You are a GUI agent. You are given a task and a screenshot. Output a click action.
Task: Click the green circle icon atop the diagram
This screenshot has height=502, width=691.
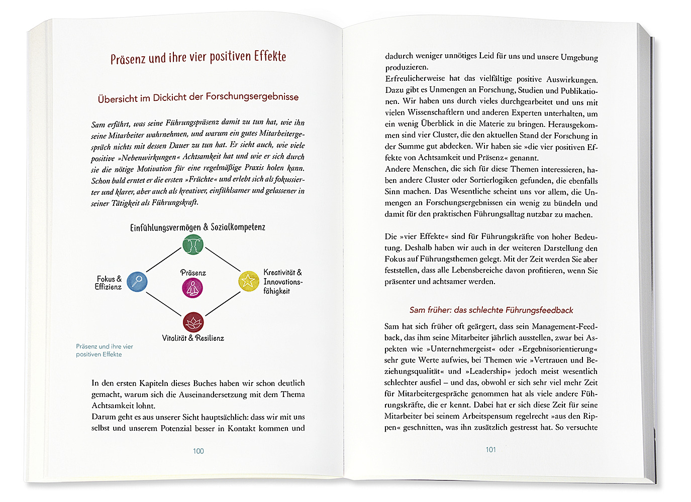click(x=192, y=244)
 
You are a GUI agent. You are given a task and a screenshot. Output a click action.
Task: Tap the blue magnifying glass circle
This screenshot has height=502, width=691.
click(x=137, y=282)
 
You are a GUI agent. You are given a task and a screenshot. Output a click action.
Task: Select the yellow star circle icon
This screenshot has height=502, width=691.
click(x=248, y=281)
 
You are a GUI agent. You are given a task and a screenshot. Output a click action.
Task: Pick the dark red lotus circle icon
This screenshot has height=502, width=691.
click(x=193, y=322)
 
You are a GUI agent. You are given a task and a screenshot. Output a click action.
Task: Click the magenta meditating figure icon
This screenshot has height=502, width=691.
click(x=192, y=288)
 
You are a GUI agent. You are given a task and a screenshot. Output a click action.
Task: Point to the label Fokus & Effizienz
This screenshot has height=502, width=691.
click(x=109, y=283)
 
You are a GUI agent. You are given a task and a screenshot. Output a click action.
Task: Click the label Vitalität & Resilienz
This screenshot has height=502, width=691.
click(x=193, y=338)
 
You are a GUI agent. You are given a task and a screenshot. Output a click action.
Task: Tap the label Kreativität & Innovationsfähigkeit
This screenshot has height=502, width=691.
click(x=282, y=282)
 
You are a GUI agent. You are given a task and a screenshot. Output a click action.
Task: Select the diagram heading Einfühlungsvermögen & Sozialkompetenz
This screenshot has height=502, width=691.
click(x=198, y=227)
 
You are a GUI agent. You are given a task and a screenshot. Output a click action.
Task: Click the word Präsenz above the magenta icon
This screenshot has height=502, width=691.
click(x=193, y=273)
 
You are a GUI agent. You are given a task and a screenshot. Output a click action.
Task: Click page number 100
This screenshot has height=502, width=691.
click(x=199, y=451)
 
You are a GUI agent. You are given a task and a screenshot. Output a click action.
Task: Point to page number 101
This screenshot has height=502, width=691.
click(x=490, y=450)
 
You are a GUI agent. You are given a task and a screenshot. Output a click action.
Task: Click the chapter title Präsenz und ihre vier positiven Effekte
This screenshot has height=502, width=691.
click(x=198, y=57)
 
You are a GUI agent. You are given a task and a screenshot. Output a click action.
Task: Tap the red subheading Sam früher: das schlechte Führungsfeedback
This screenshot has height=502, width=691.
click(x=491, y=310)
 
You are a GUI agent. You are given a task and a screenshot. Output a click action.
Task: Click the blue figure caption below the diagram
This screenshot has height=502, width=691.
click(x=105, y=350)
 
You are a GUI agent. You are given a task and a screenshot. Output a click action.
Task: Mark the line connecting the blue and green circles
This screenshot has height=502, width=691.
click(x=163, y=260)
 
